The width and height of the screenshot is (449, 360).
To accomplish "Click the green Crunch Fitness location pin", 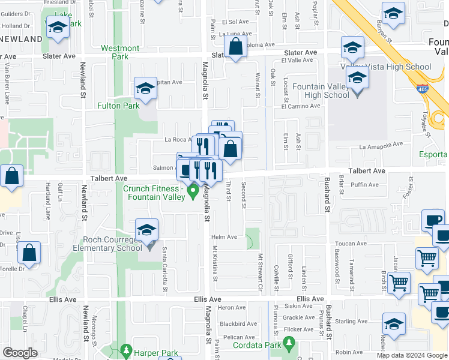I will (x=193, y=192).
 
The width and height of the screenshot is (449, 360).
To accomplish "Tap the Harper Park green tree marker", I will (x=125, y=349).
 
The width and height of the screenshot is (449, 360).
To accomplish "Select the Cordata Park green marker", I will (x=289, y=343).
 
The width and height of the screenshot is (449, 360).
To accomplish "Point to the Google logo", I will (x=20, y=353).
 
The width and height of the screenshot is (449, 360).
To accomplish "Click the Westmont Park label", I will (x=120, y=52).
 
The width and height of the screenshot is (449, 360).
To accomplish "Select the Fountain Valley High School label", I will (x=321, y=91).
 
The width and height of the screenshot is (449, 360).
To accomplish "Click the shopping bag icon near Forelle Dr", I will (x=29, y=253).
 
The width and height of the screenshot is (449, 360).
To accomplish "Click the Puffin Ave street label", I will (x=366, y=185).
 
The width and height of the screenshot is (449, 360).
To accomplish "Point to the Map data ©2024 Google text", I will (x=412, y=355).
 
